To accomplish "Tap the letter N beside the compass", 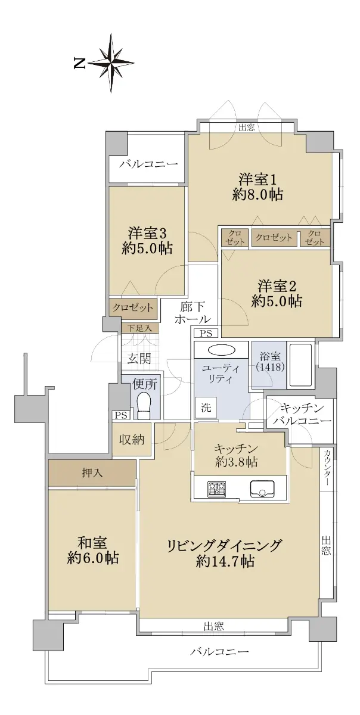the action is [79, 63].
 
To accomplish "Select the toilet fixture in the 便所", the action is [144, 406].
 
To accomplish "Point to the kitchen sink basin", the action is [262, 489].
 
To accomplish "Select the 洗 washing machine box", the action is [206, 408].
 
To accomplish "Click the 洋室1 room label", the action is [257, 180].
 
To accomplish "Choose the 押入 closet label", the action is [92, 472].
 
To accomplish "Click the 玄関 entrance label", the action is [139, 359].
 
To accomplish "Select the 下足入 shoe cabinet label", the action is [139, 328].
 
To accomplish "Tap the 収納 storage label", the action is [132, 440].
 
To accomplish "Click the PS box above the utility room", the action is [206, 334].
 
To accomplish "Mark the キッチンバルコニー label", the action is [302, 415].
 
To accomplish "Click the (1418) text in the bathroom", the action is [270, 367].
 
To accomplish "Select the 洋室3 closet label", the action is [132, 308].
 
